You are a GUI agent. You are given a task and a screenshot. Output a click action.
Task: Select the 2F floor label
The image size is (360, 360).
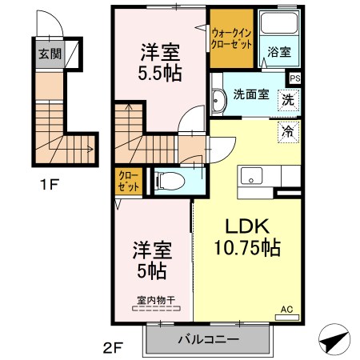[113, 349]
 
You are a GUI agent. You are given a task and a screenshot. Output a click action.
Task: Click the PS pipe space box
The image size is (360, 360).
[295, 78]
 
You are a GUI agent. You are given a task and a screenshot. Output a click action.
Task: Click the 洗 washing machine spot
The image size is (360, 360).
[286, 101]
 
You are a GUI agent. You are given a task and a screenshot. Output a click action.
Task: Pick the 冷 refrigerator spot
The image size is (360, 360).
[286, 129]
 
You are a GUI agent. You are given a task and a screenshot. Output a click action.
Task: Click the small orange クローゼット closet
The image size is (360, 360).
[129, 182]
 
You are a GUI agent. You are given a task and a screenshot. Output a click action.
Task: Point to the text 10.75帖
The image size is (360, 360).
[246, 248]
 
